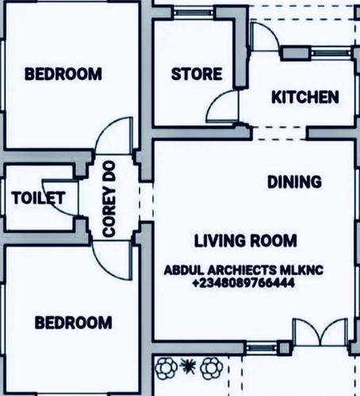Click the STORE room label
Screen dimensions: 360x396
(x=197, y=74)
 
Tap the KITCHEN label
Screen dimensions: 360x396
(x=305, y=97)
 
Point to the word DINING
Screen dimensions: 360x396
(x=294, y=182)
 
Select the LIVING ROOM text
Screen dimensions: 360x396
(x=246, y=241)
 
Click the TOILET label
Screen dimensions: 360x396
(x=38, y=198)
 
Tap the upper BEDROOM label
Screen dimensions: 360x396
(x=63, y=74)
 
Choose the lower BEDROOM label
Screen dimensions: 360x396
(x=74, y=322)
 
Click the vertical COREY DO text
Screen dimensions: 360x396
(x=109, y=199)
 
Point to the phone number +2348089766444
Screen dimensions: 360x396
(x=243, y=284)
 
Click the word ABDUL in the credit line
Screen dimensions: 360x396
(x=184, y=270)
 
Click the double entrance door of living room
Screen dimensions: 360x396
(x=320, y=332)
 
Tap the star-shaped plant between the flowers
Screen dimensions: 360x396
(x=188, y=366)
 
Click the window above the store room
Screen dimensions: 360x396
(x=193, y=12)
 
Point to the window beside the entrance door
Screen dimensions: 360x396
(x=262, y=346)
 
